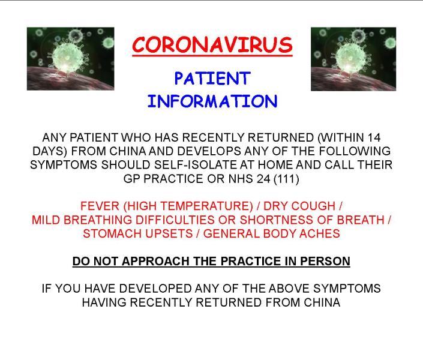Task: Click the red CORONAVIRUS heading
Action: (x=212, y=44)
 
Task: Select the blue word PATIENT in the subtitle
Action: (x=212, y=79)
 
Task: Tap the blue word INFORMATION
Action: (x=212, y=101)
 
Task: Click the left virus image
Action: (x=70, y=59)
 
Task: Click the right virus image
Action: (x=353, y=59)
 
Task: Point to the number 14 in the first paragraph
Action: (x=374, y=137)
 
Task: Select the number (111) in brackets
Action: (x=286, y=179)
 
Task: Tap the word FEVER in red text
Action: (x=100, y=206)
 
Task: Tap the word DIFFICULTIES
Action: (x=175, y=220)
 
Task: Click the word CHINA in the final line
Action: (x=322, y=302)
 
